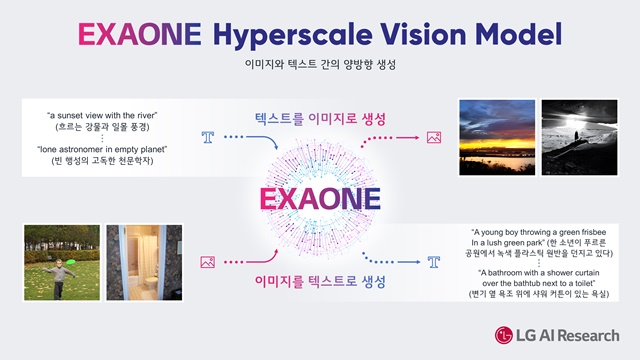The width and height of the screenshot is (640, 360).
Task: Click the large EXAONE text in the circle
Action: pyautogui.click(x=320, y=197)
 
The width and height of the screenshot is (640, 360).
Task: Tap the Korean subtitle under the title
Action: pyautogui.click(x=320, y=64)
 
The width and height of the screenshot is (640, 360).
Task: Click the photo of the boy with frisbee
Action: pyautogui.click(x=61, y=261)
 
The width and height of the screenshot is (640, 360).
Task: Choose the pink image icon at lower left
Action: pyautogui.click(x=208, y=261)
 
